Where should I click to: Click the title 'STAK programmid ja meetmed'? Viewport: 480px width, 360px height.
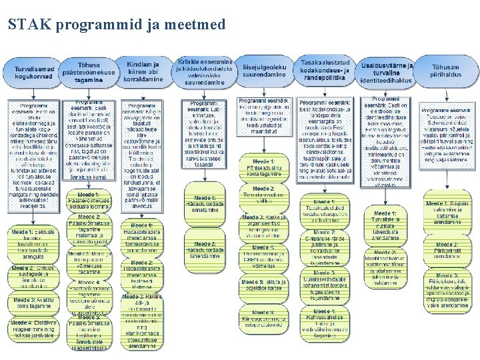point(117,25)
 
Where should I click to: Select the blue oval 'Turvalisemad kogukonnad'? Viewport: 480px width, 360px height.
point(33,73)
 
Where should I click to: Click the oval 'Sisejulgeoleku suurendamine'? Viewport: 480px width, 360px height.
point(264,71)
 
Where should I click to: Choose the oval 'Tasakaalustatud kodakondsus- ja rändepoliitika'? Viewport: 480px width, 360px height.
point(323,70)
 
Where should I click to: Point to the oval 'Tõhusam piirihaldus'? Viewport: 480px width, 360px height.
point(445,71)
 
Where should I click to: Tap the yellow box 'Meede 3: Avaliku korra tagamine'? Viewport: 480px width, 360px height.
point(34,303)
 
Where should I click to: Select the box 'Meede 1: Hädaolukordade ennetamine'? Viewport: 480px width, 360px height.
point(206,204)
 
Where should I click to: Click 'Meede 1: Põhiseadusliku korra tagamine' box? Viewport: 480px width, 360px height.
point(263,166)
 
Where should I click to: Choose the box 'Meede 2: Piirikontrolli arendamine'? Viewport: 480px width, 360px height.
point(447,250)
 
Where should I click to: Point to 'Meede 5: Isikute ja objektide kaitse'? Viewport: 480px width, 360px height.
point(263,284)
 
